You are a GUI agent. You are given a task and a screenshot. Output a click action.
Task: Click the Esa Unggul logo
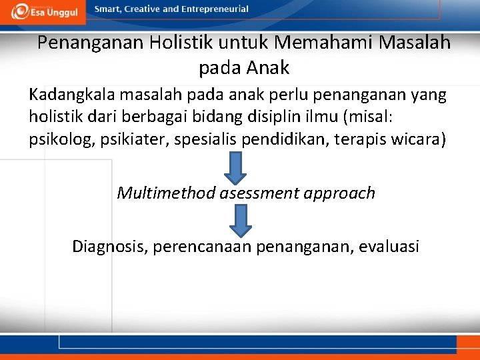click(45, 11)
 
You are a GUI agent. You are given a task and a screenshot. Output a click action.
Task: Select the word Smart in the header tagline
click(108, 9)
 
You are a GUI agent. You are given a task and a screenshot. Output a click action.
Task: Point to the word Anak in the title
click(267, 67)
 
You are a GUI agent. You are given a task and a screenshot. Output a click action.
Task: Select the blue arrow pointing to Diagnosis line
click(235, 221)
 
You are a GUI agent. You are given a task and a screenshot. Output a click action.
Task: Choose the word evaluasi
click(389, 247)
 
